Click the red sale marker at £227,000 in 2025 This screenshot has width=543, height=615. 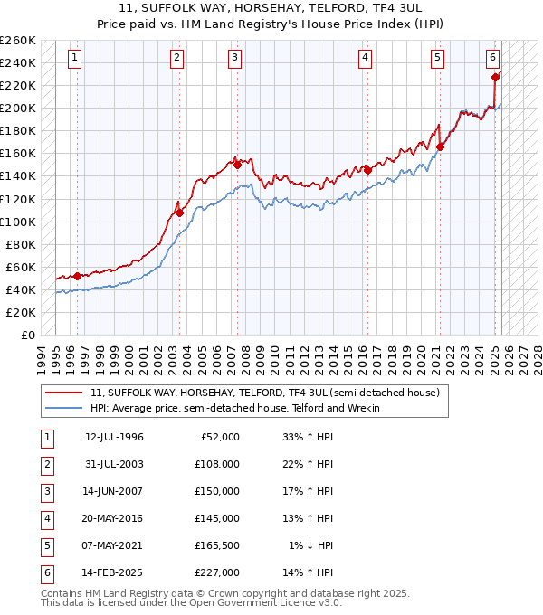[x=496, y=77]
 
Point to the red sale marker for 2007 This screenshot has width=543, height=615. [x=237, y=165]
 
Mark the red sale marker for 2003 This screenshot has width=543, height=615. [x=179, y=213]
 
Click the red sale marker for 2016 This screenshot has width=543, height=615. [x=367, y=170]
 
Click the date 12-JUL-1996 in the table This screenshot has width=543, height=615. [x=114, y=437]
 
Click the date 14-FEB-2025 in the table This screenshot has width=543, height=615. [x=114, y=572]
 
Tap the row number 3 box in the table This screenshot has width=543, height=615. [x=46, y=491]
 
